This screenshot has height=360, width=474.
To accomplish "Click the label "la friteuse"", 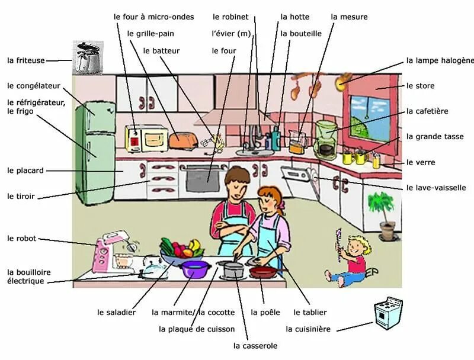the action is pos(27,60).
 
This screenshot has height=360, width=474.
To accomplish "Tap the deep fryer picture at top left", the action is pos(88,57).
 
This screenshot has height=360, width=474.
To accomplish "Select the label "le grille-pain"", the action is pos(150,34).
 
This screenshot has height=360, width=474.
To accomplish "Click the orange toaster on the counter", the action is pos(183,140).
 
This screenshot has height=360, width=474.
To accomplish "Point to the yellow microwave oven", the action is pos(146,139).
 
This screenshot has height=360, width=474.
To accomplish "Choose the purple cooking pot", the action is pos(196,269).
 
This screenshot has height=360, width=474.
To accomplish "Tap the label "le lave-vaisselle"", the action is pos(436,188).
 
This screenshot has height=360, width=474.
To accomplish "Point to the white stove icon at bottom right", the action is pos(387,312).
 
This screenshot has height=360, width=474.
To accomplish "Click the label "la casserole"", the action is pos(255,346).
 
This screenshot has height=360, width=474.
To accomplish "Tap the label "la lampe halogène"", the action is pos(440,60).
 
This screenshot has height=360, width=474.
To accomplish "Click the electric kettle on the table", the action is pos(153,268).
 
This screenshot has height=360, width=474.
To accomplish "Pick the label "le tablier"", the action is pos(310,312).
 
